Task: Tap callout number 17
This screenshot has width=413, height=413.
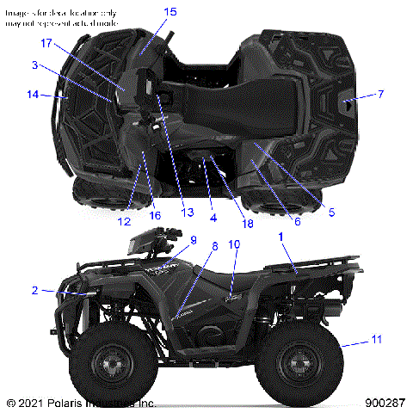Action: (46, 42)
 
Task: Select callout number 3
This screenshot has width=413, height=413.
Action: (34, 65)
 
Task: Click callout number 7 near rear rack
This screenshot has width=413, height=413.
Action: (381, 93)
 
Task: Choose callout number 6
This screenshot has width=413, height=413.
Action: (297, 221)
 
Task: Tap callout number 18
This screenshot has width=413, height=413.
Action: (248, 224)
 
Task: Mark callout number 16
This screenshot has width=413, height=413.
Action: (155, 215)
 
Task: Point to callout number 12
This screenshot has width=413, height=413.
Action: (125, 207)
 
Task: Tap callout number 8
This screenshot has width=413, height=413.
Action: (214, 246)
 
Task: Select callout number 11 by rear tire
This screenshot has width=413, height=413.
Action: (376, 341)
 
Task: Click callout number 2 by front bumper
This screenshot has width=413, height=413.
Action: (34, 290)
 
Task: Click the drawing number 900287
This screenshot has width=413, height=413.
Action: (385, 402)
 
